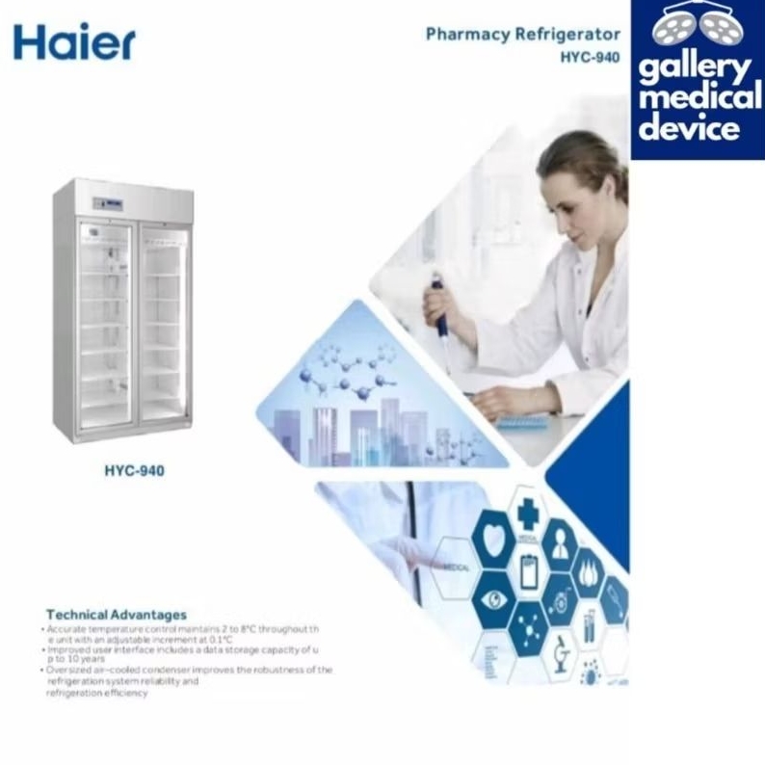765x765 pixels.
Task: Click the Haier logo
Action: tap(74, 41)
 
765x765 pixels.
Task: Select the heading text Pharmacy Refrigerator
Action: tap(523, 35)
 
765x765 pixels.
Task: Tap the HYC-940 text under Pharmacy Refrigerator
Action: tap(590, 57)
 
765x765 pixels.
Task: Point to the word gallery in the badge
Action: tap(696, 70)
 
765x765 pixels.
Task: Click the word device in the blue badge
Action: tap(696, 128)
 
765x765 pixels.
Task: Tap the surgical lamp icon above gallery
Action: tap(696, 25)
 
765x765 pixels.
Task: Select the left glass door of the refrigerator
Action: tap(105, 319)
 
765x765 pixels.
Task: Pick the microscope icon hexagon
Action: tap(560, 655)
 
